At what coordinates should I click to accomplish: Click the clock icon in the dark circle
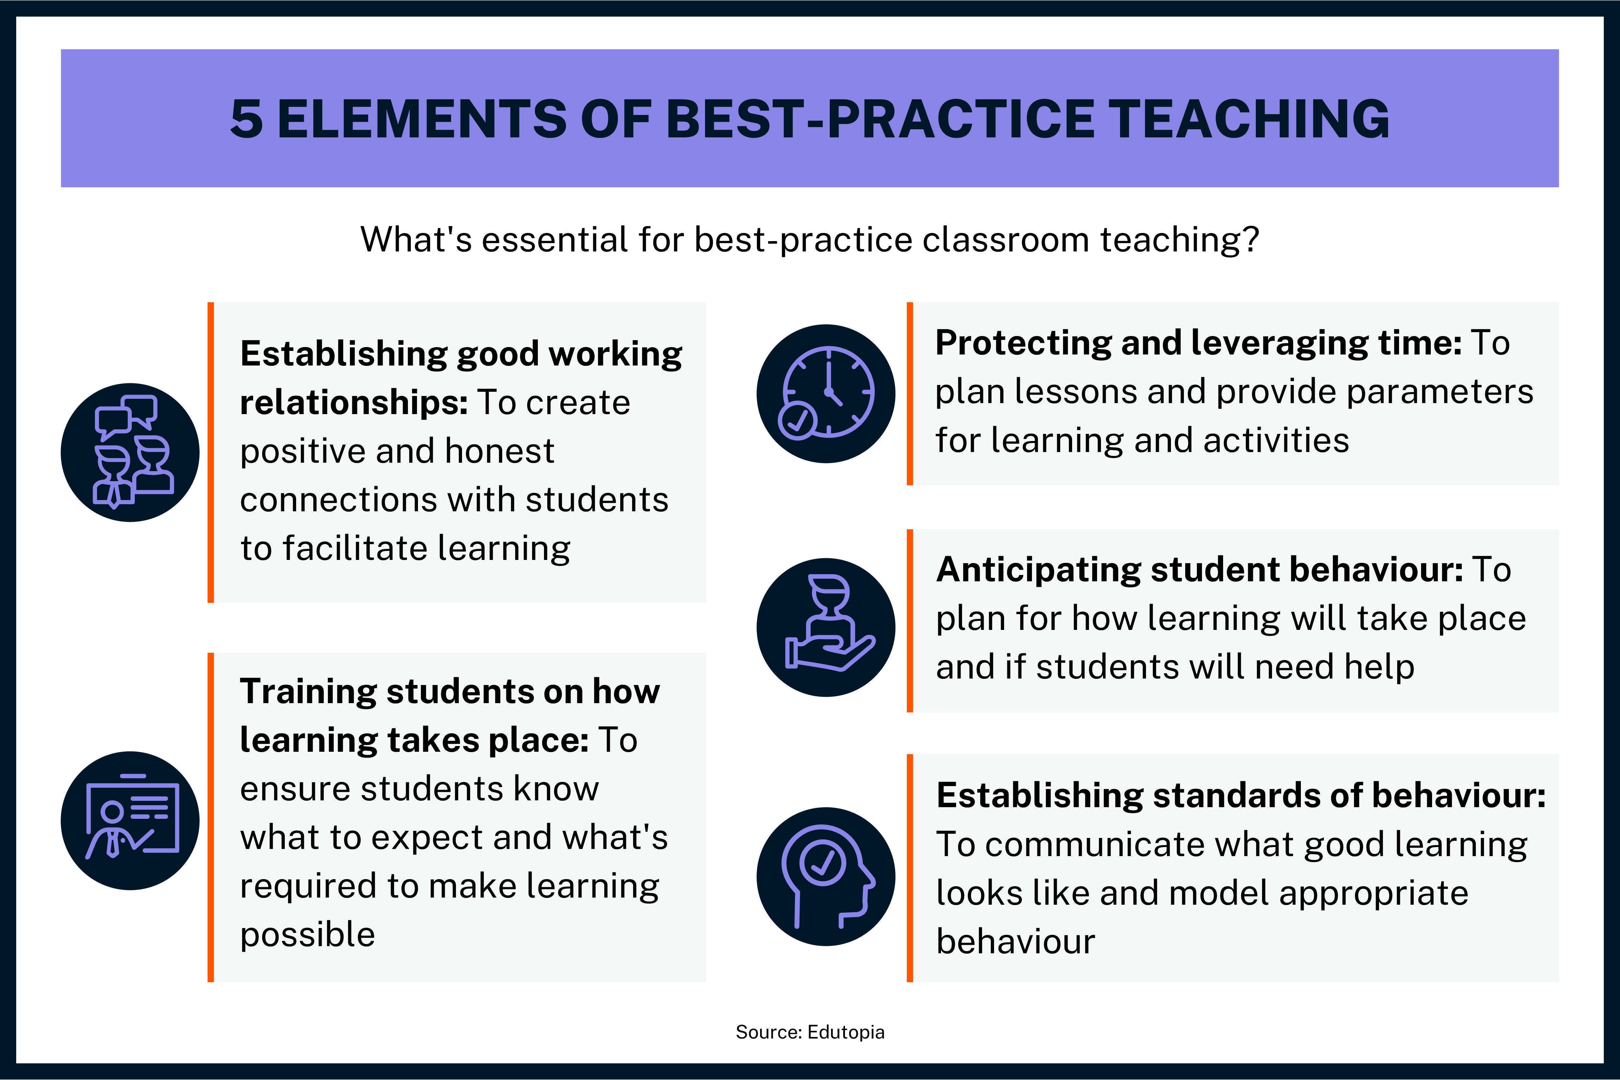click(826, 393)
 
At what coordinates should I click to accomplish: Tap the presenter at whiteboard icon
click(130, 820)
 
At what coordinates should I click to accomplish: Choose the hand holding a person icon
click(826, 627)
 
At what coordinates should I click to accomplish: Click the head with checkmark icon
click(826, 876)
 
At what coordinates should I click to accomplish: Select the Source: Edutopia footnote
click(810, 1032)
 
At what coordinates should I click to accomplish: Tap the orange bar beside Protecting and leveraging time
click(910, 393)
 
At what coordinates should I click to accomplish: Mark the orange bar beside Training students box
click(211, 817)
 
